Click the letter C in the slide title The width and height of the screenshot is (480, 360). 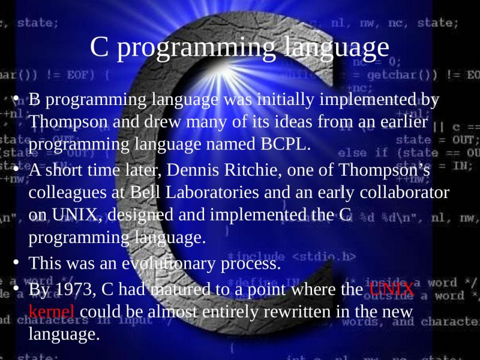pyautogui.click(x=98, y=47)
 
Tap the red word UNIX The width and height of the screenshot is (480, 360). pyautogui.click(x=391, y=289)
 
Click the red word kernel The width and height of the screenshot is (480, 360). pyautogui.click(x=52, y=311)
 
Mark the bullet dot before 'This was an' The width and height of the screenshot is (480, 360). pyautogui.click(x=17, y=262)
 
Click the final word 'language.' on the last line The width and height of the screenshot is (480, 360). pyautogui.click(x=64, y=334)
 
